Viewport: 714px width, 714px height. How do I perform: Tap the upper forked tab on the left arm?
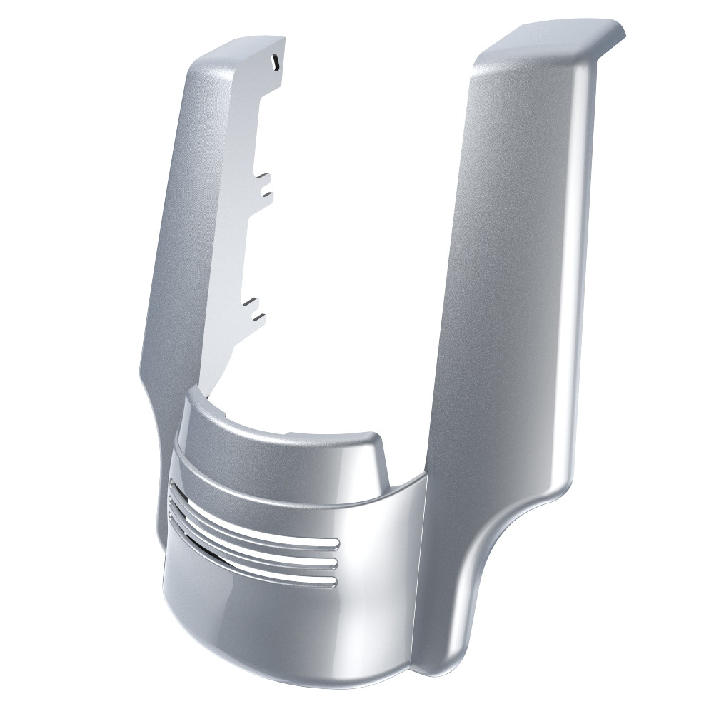tap(263, 183)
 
